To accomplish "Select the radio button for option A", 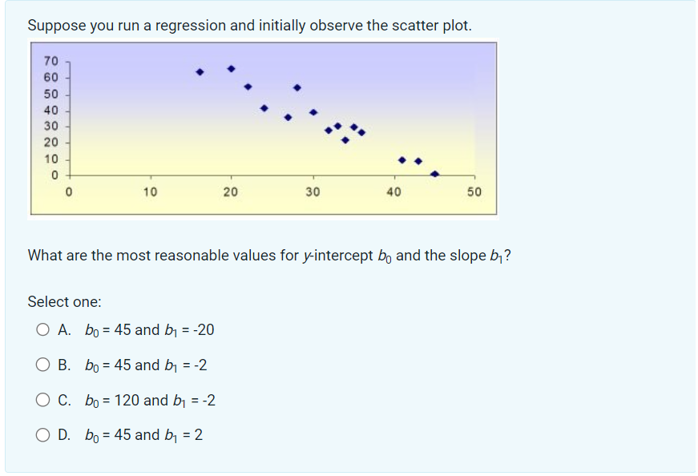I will point(42,329).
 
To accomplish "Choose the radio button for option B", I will point(42,365).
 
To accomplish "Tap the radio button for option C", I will point(42,400).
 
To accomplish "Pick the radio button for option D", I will point(42,435).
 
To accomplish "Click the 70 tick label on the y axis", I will point(50,61).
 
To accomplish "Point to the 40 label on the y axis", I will point(50,110).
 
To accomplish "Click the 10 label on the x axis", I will point(149,192).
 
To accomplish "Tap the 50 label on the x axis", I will point(474,192).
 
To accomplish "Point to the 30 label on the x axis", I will point(313,192).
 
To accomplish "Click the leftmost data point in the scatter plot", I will point(200,72).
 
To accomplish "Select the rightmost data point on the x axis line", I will point(434,173).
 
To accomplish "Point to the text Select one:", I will point(65,302).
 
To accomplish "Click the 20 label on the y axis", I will point(50,142).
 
